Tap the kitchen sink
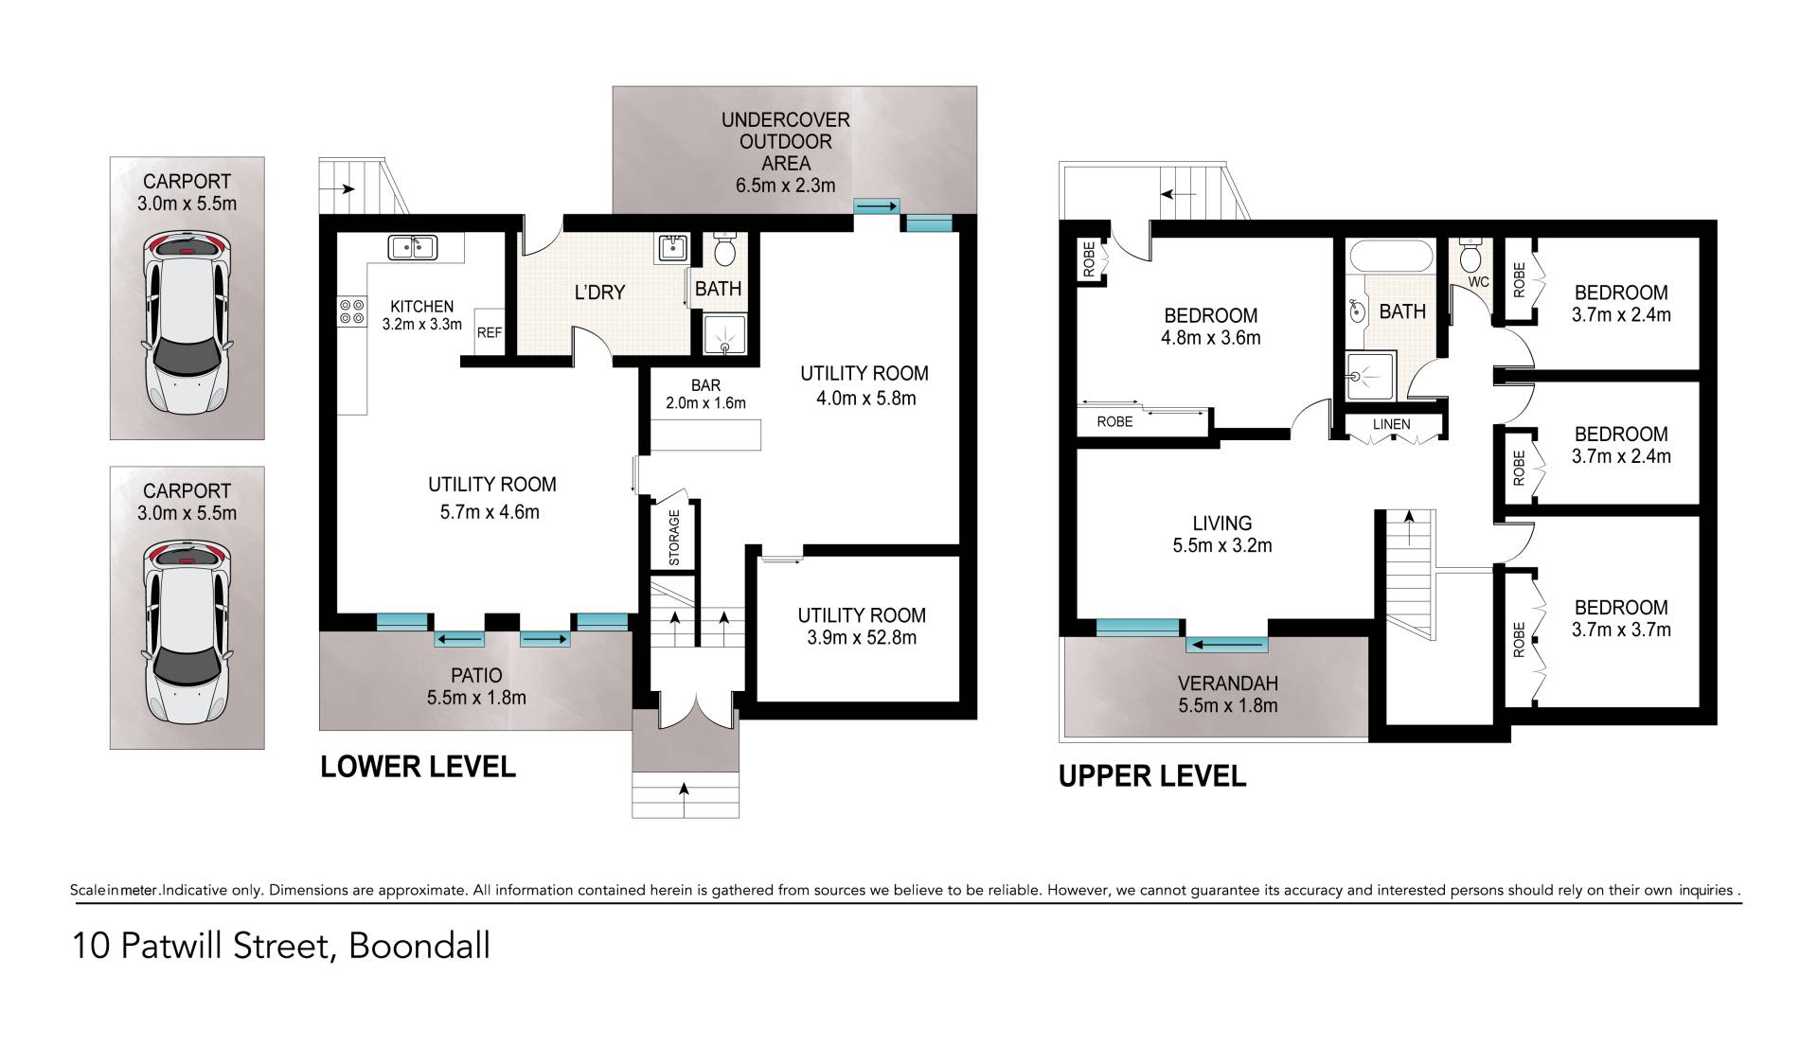412,247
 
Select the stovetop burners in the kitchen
352,311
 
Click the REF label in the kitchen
490,333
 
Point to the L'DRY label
599,293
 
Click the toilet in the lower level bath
725,249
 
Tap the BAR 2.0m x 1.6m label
705,394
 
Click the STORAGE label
674,538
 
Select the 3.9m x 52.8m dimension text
862,638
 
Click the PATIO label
476,675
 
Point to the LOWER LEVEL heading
418,766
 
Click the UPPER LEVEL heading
1151,776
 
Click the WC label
1478,282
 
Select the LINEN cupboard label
1391,424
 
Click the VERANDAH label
1228,684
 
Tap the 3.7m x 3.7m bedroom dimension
1621,630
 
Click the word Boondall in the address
419,946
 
